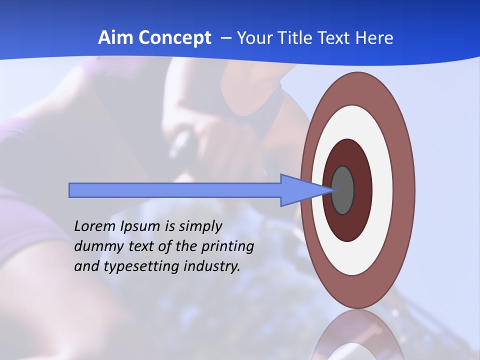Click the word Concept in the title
[x=174, y=37]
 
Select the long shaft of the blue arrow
[x=175, y=190]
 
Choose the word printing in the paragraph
[x=228, y=247]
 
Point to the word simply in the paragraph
[x=200, y=227]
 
